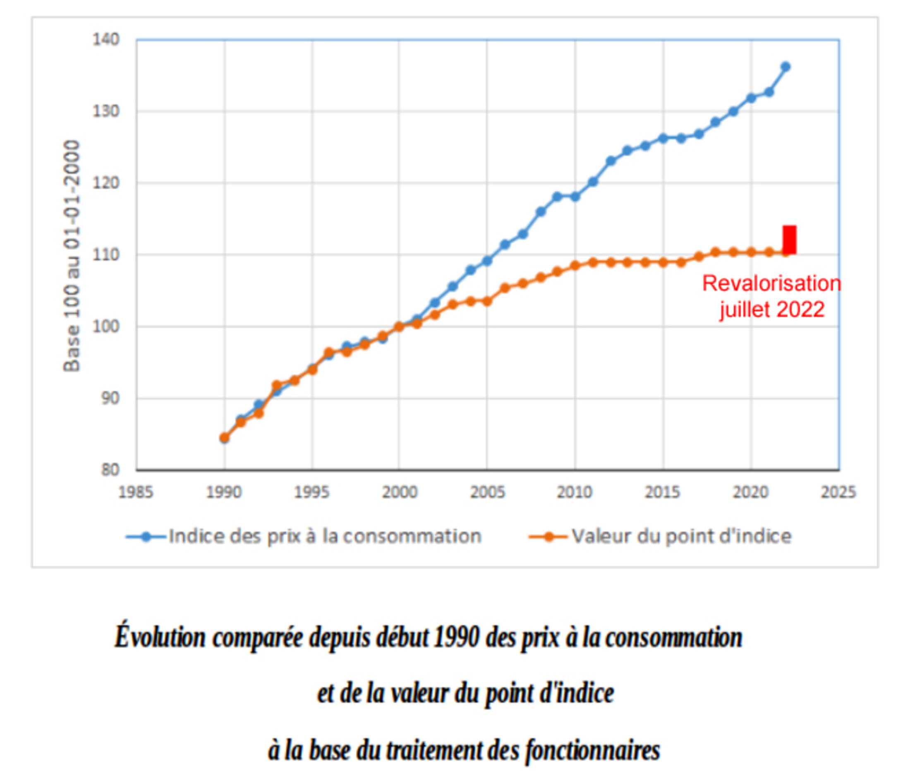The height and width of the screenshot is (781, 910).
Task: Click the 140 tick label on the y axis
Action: [106, 40]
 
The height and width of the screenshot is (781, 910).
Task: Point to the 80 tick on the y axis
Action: [110, 470]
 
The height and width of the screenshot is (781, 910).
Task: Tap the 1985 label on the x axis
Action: [136, 492]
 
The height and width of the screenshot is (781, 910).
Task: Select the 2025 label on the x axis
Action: [838, 492]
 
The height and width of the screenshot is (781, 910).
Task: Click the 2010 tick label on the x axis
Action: [575, 492]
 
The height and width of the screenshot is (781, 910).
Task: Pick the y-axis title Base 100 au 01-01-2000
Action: [72, 256]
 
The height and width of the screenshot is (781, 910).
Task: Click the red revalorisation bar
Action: [789, 240]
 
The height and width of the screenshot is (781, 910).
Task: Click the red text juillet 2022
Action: [772, 310]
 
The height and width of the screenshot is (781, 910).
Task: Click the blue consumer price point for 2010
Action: [575, 197]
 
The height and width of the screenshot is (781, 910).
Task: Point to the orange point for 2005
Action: [487, 301]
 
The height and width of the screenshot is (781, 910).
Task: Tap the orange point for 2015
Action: [663, 263]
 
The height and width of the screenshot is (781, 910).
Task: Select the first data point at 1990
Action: [225, 438]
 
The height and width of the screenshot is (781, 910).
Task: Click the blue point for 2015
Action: [663, 138]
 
